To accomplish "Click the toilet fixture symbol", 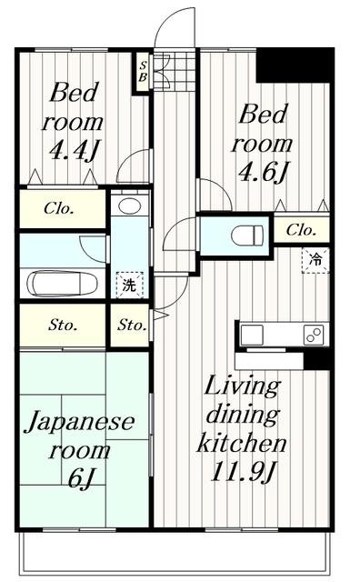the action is coord(247,235).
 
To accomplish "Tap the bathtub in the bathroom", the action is coord(62,284).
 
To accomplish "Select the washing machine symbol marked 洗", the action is coord(129,285).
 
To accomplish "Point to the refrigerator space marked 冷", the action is coord(315,260).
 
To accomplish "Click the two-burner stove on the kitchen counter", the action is coord(314,336).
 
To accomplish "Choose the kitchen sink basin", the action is coord(252,336).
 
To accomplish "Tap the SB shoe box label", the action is coord(143,73).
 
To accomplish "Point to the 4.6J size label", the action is coord(264,172).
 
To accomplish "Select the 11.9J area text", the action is coord(243,472).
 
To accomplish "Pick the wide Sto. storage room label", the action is coord(63,326).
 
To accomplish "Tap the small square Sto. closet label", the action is coord(132,326).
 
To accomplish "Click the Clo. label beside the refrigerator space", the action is coord(301,230).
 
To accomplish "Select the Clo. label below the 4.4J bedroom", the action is coord(59,208).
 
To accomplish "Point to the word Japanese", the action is coord(79,422).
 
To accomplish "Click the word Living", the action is coord(242,388).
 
